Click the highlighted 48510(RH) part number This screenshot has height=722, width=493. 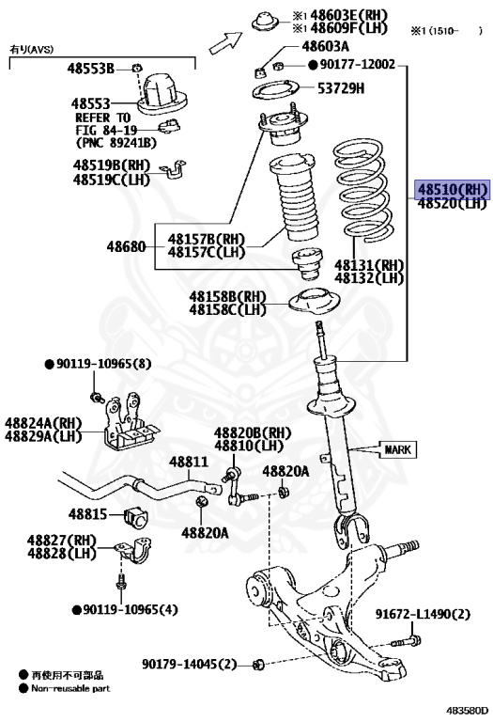tap(453, 189)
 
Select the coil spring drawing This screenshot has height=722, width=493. tap(362, 192)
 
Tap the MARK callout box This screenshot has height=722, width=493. tap(398, 449)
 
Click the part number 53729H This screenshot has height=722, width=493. tap(341, 88)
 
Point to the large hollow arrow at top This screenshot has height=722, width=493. tap(225, 42)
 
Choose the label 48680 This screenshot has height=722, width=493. tap(126, 247)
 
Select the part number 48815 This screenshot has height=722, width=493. tap(88, 514)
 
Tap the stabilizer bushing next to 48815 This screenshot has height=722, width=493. tap(136, 518)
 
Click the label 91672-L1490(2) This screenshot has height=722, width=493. tap(423, 614)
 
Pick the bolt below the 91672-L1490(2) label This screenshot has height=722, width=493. tap(406, 641)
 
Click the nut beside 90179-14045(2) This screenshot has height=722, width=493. tap(258, 665)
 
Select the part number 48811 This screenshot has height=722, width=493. tap(189, 462)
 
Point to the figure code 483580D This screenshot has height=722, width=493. tap(468, 711)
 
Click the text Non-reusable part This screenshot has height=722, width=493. tap(70, 688)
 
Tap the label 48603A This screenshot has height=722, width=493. tap(325, 46)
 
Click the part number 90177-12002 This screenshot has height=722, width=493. tap(358, 64)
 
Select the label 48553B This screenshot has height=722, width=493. tap(90, 69)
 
